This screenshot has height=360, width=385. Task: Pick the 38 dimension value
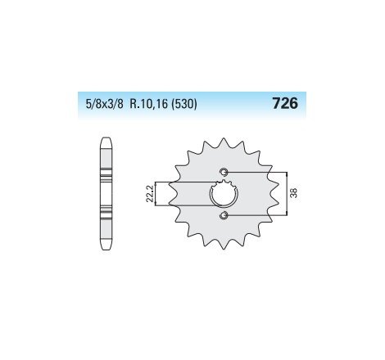[293, 195]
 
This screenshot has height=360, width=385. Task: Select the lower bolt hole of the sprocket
[224, 217]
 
